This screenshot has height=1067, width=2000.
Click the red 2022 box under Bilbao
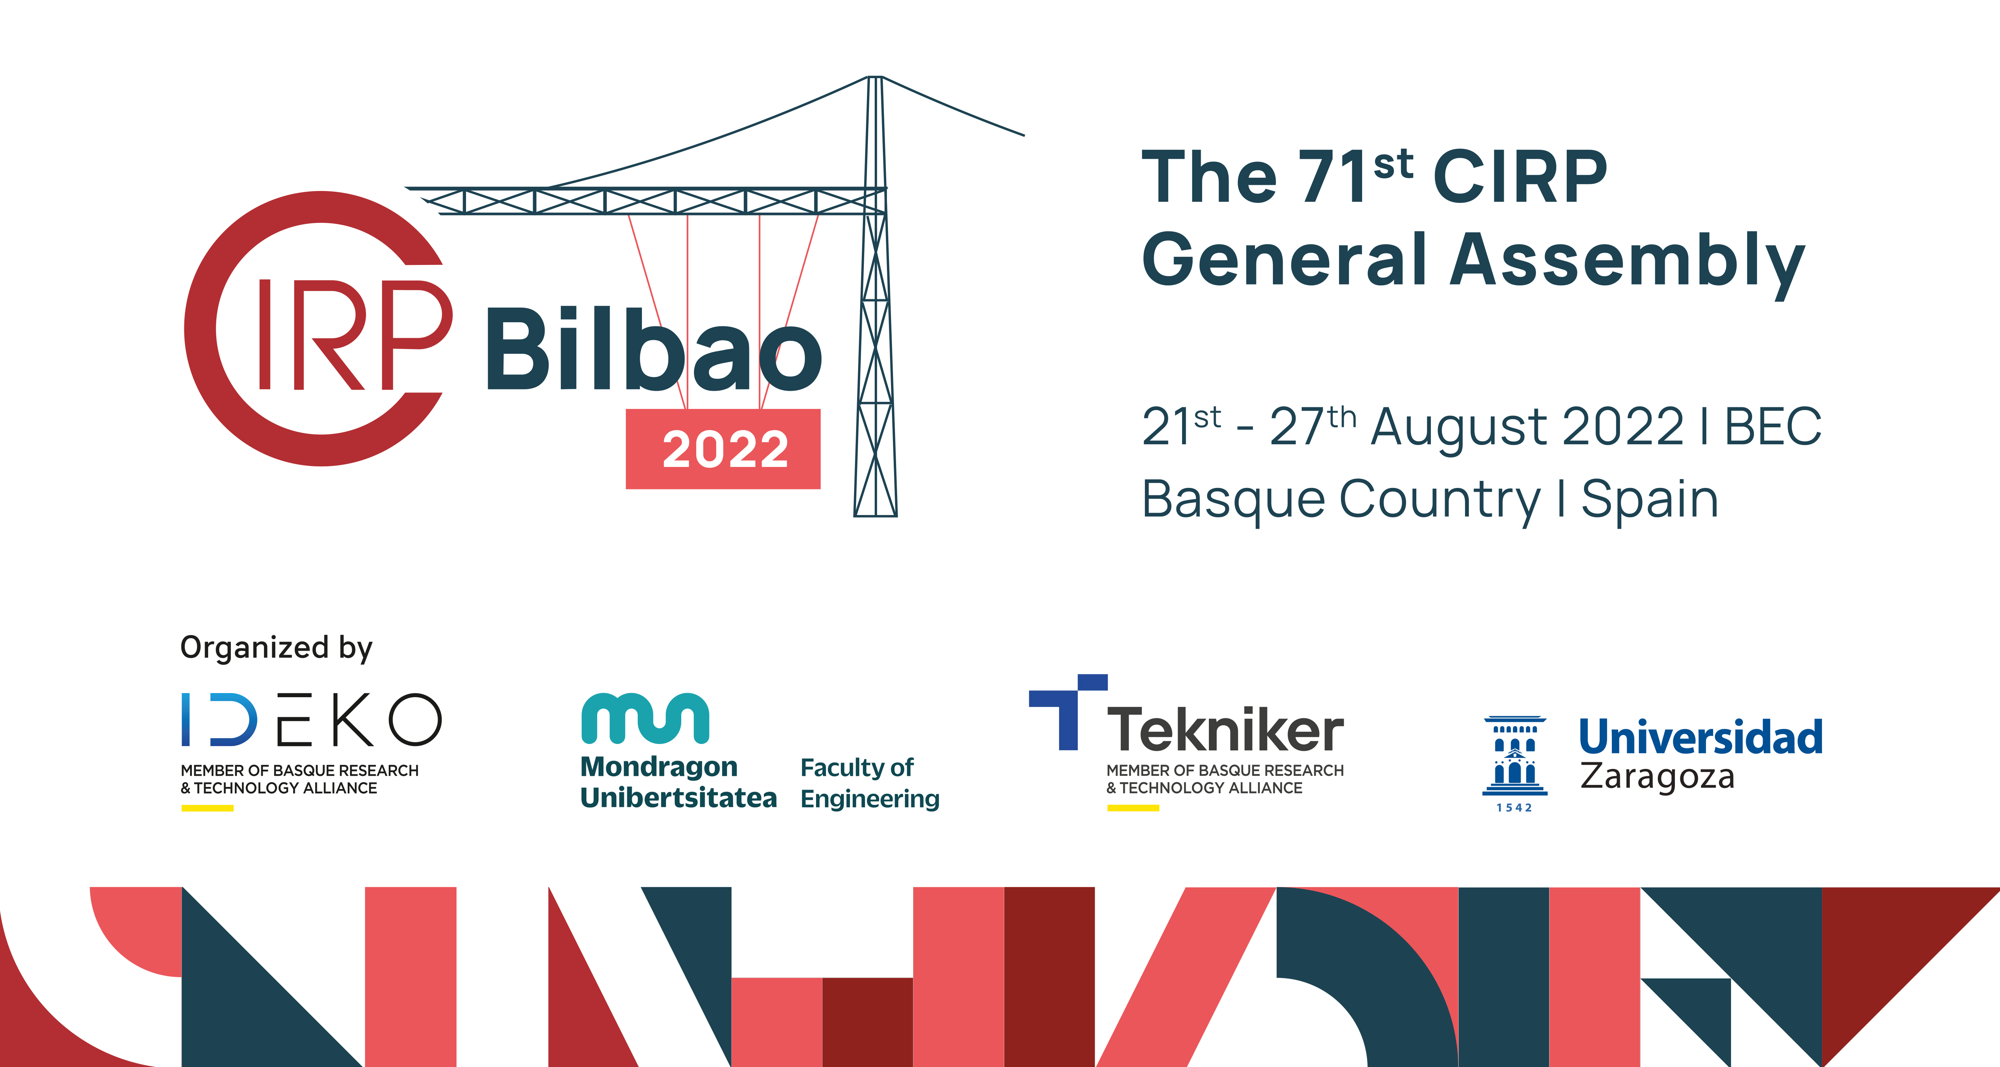(723, 449)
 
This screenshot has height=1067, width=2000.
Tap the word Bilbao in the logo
(652, 350)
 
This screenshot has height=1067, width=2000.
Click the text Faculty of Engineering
(870, 783)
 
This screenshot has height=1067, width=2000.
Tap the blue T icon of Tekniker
(1067, 711)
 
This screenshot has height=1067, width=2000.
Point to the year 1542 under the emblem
(1514, 808)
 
